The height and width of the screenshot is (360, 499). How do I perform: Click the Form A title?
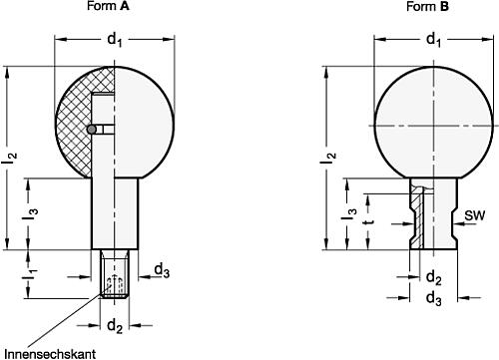coord(108,6)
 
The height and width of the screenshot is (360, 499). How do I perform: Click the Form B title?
coord(427,6)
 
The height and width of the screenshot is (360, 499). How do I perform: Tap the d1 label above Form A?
coord(115,40)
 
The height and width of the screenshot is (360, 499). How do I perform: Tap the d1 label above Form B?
coord(433,40)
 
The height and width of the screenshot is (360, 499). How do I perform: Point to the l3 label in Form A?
coord(30,213)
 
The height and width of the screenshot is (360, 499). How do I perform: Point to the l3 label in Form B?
coord(349,214)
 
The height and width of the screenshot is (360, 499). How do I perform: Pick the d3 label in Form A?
coord(162,270)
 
